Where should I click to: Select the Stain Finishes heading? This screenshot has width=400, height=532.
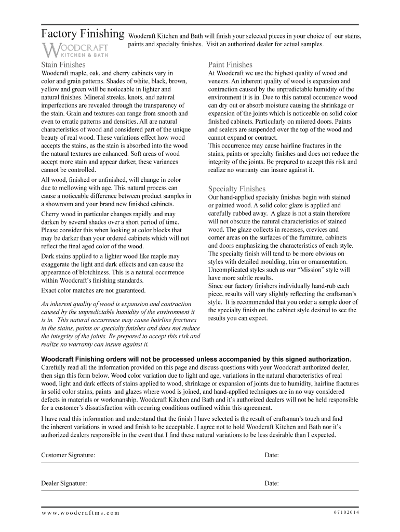(x=63, y=65)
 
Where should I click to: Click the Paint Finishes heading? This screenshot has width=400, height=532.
(x=230, y=65)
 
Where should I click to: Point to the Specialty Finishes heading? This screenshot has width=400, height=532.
(x=236, y=189)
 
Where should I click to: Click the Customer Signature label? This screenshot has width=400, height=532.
(x=68, y=455)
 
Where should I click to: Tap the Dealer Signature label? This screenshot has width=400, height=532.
(x=64, y=483)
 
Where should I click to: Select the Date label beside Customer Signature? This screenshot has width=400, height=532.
(x=272, y=455)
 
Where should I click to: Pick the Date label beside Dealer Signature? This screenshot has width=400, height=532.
(x=272, y=483)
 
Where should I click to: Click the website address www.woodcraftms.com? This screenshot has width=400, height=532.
(x=81, y=513)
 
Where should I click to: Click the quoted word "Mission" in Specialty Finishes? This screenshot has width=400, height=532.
(x=310, y=270)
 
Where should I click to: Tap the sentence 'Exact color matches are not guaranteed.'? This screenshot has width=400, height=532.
(x=94, y=290)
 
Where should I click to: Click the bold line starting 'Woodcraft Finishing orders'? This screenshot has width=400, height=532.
(x=196, y=359)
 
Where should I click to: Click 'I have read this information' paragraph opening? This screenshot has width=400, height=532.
(x=80, y=419)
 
